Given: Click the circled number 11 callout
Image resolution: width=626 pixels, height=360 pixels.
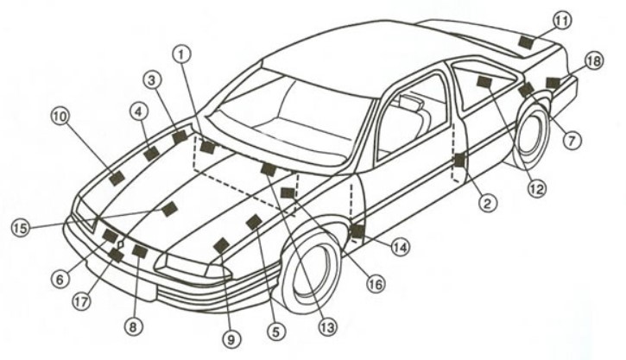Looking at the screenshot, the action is [562, 21].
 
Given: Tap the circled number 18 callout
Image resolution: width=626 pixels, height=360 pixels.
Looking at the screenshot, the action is [594, 61].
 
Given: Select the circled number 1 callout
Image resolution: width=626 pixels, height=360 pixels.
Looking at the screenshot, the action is [181, 54].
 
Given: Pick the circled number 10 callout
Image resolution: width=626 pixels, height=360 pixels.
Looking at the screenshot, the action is [60, 117].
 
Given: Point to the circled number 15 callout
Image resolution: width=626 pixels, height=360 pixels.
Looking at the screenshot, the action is [21, 228].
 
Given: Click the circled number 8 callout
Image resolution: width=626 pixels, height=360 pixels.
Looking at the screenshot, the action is [133, 327].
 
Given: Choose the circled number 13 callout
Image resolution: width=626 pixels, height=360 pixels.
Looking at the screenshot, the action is [327, 328].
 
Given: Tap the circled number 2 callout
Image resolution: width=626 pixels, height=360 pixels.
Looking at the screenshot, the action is [487, 203].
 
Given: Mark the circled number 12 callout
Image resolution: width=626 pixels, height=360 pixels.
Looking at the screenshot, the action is [537, 188].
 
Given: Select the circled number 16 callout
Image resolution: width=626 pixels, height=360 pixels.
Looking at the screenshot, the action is [376, 284].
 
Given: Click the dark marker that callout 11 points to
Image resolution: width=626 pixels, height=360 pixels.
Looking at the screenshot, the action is [527, 42].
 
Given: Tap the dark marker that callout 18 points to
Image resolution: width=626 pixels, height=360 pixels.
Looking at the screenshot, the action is [553, 83].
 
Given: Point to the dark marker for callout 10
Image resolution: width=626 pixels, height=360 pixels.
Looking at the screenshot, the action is [117, 178].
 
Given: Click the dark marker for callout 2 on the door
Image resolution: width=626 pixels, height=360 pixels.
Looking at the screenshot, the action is [459, 160].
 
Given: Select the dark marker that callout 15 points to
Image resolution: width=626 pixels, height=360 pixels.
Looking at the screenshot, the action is [170, 209].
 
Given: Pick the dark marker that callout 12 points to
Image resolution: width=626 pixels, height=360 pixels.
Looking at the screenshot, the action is [484, 82].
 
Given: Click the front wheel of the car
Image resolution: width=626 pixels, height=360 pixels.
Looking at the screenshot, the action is [313, 270].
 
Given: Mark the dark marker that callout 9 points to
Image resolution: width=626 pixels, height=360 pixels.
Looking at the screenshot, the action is [222, 245].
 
